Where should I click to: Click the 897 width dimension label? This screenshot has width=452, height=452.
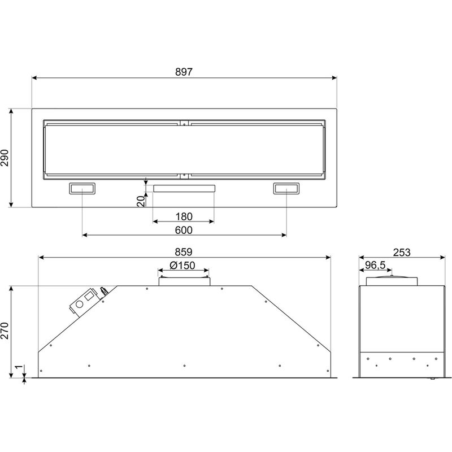pos(184,72)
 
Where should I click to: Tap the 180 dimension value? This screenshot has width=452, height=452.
pos(184,216)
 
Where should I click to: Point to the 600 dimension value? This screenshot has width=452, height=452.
pos(184,230)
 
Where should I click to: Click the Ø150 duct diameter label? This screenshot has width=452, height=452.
pos(182,266)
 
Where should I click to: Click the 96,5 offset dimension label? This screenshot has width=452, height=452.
pos(375,265)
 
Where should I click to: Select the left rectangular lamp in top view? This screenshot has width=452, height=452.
pos(82,189)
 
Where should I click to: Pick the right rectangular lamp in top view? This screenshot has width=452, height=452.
pos(286,189)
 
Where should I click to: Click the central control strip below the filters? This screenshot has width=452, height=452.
pos(184,188)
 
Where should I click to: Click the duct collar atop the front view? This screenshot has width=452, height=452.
pos(184,279)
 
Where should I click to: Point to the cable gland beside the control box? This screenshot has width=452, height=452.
pos(104,292)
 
